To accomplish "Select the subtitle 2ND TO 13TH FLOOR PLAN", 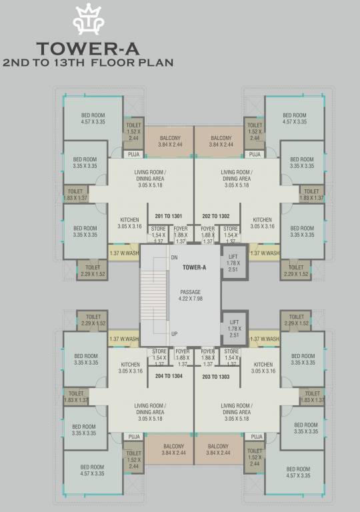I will [x=88, y=63].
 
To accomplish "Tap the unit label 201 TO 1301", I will [x=169, y=216].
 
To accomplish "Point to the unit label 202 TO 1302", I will [x=215, y=216].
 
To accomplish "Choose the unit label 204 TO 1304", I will [x=169, y=376].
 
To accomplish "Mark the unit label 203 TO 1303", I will [x=215, y=376].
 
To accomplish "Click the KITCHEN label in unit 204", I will [x=130, y=368].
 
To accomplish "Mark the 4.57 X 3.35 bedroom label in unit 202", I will [x=294, y=118].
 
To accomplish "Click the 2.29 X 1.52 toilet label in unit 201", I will [x=93, y=271].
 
